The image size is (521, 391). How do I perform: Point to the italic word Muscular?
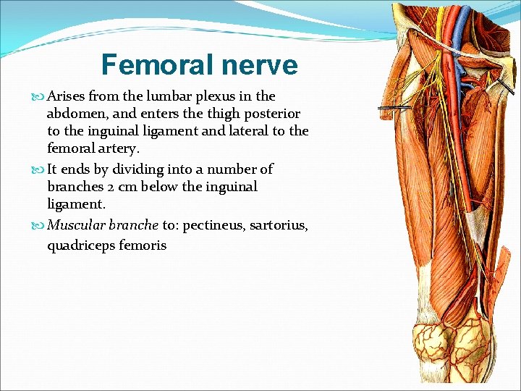click(x=75, y=225)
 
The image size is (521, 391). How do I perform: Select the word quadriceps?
click(x=82, y=245)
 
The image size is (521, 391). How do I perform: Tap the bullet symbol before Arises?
click(x=39, y=97)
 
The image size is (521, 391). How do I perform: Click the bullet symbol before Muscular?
click(x=39, y=226)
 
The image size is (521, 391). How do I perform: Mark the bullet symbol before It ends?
click(x=39, y=170)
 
